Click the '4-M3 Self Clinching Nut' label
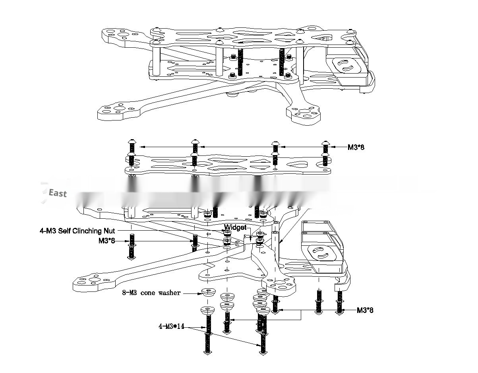click(x=77, y=231)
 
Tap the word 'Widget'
click(x=235, y=227)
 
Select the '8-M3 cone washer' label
click(x=151, y=293)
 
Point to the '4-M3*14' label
click(x=172, y=326)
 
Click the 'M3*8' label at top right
click(x=356, y=147)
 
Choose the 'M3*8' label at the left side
click(x=106, y=241)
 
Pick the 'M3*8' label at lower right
click(x=365, y=310)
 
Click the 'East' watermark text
click(x=58, y=194)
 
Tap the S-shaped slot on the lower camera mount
click(x=320, y=253)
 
